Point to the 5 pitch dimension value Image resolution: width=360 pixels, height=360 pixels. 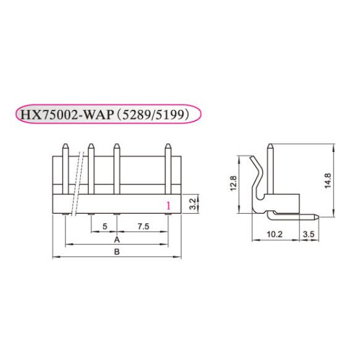tap(105, 226)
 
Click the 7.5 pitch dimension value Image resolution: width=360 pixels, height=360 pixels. tap(143, 226)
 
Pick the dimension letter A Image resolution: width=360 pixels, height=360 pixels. tap(117, 240)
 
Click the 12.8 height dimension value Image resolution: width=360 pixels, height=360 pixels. tap(234, 183)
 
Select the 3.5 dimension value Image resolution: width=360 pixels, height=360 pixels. tap(309, 235)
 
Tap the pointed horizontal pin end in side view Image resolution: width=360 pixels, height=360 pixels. tap(316, 217)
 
